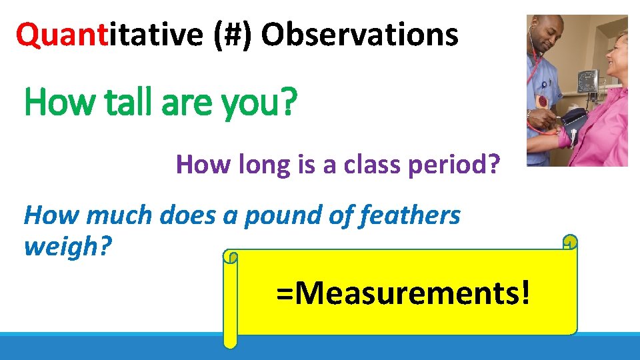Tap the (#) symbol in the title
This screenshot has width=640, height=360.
[233, 35]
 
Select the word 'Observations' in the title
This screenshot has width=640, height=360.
[360, 35]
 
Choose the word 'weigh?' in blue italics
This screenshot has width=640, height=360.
[67, 247]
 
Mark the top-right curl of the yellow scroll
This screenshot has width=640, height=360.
[569, 241]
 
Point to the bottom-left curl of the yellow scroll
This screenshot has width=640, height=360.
[230, 341]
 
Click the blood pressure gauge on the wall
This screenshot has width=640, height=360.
[587, 81]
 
